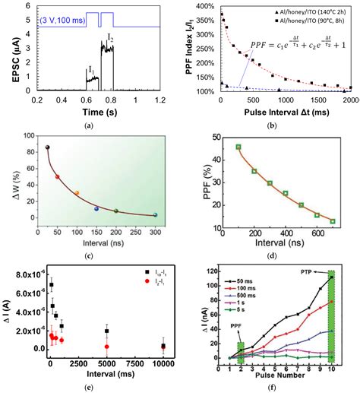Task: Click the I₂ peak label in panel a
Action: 109,37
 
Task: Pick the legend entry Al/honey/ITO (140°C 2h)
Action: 306,13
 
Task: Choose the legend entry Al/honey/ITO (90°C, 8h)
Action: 306,23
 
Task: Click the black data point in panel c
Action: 48,147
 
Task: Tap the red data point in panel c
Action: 57,176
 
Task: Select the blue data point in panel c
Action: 96,208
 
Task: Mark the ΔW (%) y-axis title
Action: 11,179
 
